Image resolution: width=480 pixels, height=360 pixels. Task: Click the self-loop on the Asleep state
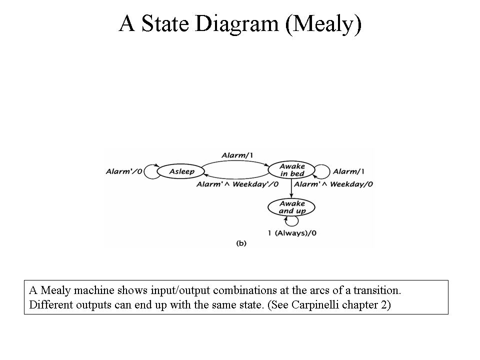(144, 171)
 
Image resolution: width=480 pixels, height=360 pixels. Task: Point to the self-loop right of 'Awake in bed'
(329, 171)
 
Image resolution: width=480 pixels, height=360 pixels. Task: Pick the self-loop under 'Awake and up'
(297, 221)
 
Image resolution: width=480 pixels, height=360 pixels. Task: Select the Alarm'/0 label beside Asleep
(124, 171)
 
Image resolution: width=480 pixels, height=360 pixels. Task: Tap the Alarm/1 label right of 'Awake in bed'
(348, 171)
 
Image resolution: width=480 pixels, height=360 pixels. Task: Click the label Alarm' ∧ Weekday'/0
(237, 184)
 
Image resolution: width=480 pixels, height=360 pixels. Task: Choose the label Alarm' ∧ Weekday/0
(333, 184)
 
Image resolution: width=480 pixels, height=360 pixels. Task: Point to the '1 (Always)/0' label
(292, 233)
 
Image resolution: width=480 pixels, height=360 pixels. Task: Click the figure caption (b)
(241, 243)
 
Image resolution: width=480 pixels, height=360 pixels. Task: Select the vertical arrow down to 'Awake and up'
(291, 188)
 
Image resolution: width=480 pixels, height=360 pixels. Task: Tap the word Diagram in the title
(237, 24)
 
